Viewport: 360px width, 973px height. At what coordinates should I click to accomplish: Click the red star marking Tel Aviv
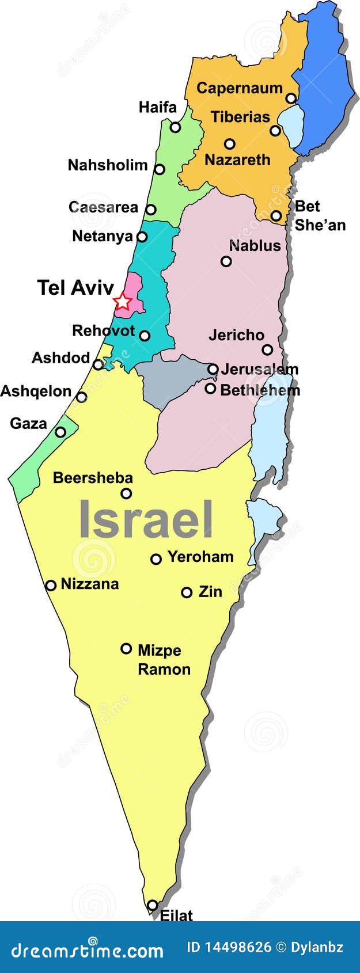(x=122, y=301)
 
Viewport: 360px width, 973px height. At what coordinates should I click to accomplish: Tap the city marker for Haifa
(x=175, y=127)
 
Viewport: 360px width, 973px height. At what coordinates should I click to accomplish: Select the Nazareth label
(x=237, y=160)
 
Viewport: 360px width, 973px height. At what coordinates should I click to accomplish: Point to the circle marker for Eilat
(x=152, y=905)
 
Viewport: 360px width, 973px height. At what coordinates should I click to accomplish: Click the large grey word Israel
(x=146, y=520)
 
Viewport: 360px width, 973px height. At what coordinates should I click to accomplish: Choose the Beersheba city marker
(x=126, y=493)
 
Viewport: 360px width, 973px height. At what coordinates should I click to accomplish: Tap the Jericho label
(x=236, y=335)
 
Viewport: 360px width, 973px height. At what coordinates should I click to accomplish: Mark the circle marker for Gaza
(x=60, y=432)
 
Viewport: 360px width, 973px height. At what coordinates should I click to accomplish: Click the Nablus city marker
(x=226, y=261)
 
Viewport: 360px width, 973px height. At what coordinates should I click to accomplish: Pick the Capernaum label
(x=240, y=89)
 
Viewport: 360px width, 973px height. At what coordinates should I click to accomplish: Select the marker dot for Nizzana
(x=51, y=585)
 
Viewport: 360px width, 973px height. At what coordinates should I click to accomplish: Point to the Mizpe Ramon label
(x=164, y=660)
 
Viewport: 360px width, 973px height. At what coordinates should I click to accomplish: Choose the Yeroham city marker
(x=156, y=558)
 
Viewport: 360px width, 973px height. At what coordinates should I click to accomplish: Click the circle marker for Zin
(x=187, y=592)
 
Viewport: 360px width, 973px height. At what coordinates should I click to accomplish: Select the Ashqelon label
(x=36, y=392)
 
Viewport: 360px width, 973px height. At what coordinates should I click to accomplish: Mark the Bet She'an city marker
(x=276, y=216)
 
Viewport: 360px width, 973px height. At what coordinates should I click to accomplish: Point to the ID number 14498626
(x=238, y=947)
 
